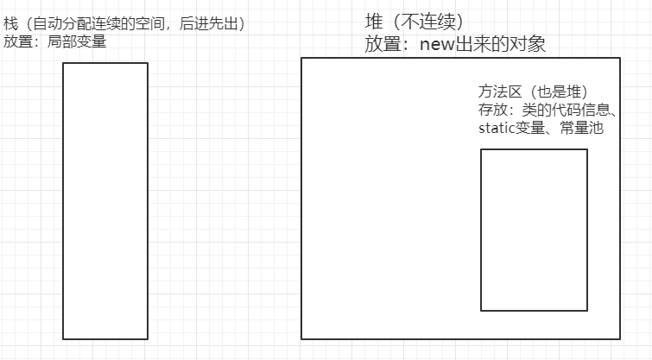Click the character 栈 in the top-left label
click(9, 24)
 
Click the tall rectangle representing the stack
click(105, 200)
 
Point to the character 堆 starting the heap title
click(374, 22)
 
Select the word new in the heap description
click(437, 44)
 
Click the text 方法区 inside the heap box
click(495, 92)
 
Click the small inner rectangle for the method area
click(534, 230)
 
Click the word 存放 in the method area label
click(491, 111)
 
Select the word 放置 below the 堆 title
click(382, 44)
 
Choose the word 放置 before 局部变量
click(18, 41)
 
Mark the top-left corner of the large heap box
click(301, 58)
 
